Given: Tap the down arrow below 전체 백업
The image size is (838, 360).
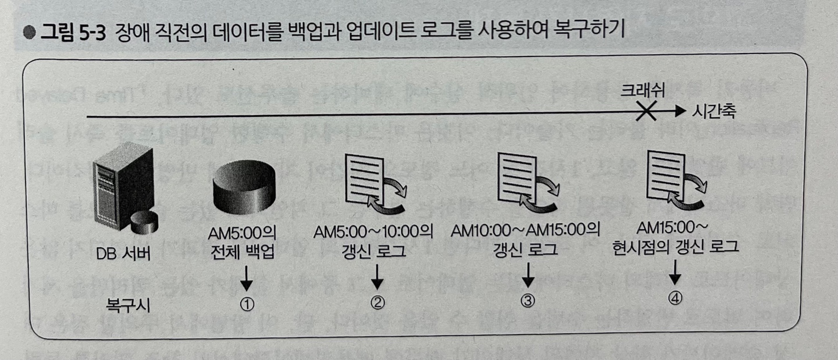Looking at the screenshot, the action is (246, 279).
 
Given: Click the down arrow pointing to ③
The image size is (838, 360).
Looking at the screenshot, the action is (527, 276).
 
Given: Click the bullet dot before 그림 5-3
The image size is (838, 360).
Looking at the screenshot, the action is (28, 32).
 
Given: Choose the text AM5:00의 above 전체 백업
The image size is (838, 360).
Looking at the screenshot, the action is (243, 234).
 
